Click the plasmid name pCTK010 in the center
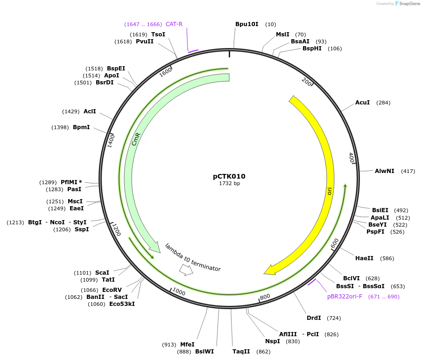(x=229, y=176)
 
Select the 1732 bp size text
(x=229, y=183)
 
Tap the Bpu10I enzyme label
(x=246, y=24)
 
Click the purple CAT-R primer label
(x=174, y=24)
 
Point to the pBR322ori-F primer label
(x=345, y=297)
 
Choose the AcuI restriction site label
(x=362, y=103)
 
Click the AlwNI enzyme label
(x=384, y=171)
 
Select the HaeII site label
(x=364, y=258)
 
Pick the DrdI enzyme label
(x=314, y=318)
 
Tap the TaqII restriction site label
(x=241, y=352)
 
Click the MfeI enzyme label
(x=187, y=345)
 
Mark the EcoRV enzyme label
(x=112, y=290)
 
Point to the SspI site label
(x=82, y=229)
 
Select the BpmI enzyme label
(x=81, y=127)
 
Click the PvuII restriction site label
(x=145, y=42)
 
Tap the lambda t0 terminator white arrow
(x=186, y=270)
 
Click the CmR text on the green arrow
(x=136, y=139)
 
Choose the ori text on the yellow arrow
(x=330, y=191)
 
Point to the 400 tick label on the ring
(x=352, y=158)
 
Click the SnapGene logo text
(x=409, y=4)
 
